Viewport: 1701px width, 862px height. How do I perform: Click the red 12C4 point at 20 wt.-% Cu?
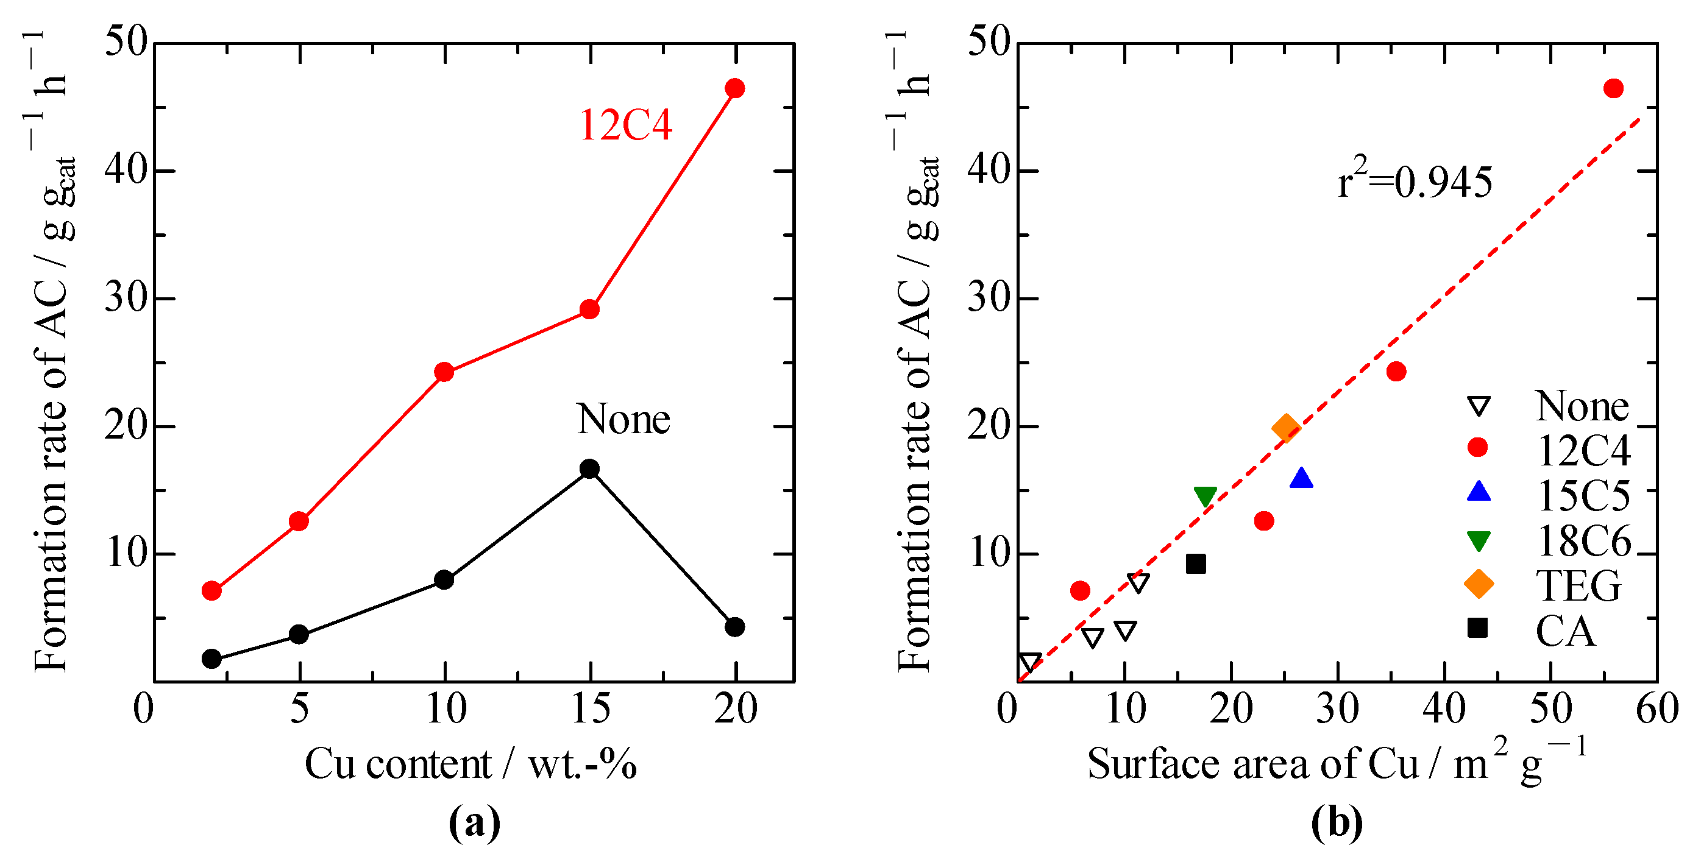734,88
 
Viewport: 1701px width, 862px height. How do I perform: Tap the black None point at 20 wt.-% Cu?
734,626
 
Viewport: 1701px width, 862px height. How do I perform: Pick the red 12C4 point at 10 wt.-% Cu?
444,372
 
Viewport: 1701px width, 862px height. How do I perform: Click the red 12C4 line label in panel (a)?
625,125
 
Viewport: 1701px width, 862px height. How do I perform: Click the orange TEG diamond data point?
1286,428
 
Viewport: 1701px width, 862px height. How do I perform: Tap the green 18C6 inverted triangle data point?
1205,496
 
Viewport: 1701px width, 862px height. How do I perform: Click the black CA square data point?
1196,563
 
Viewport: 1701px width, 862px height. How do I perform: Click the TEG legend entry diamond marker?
1479,584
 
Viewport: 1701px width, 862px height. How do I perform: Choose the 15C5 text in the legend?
1583,495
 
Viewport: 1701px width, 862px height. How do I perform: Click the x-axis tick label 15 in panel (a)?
591,710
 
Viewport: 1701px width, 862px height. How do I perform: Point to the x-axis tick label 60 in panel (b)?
1657,710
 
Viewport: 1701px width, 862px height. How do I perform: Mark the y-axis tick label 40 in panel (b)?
989,171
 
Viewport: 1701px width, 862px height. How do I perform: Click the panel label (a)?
474,823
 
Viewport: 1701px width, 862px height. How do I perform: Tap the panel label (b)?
1337,823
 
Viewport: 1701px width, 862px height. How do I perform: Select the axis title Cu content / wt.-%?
470,765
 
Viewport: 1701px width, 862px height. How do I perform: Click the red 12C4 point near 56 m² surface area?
1613,88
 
